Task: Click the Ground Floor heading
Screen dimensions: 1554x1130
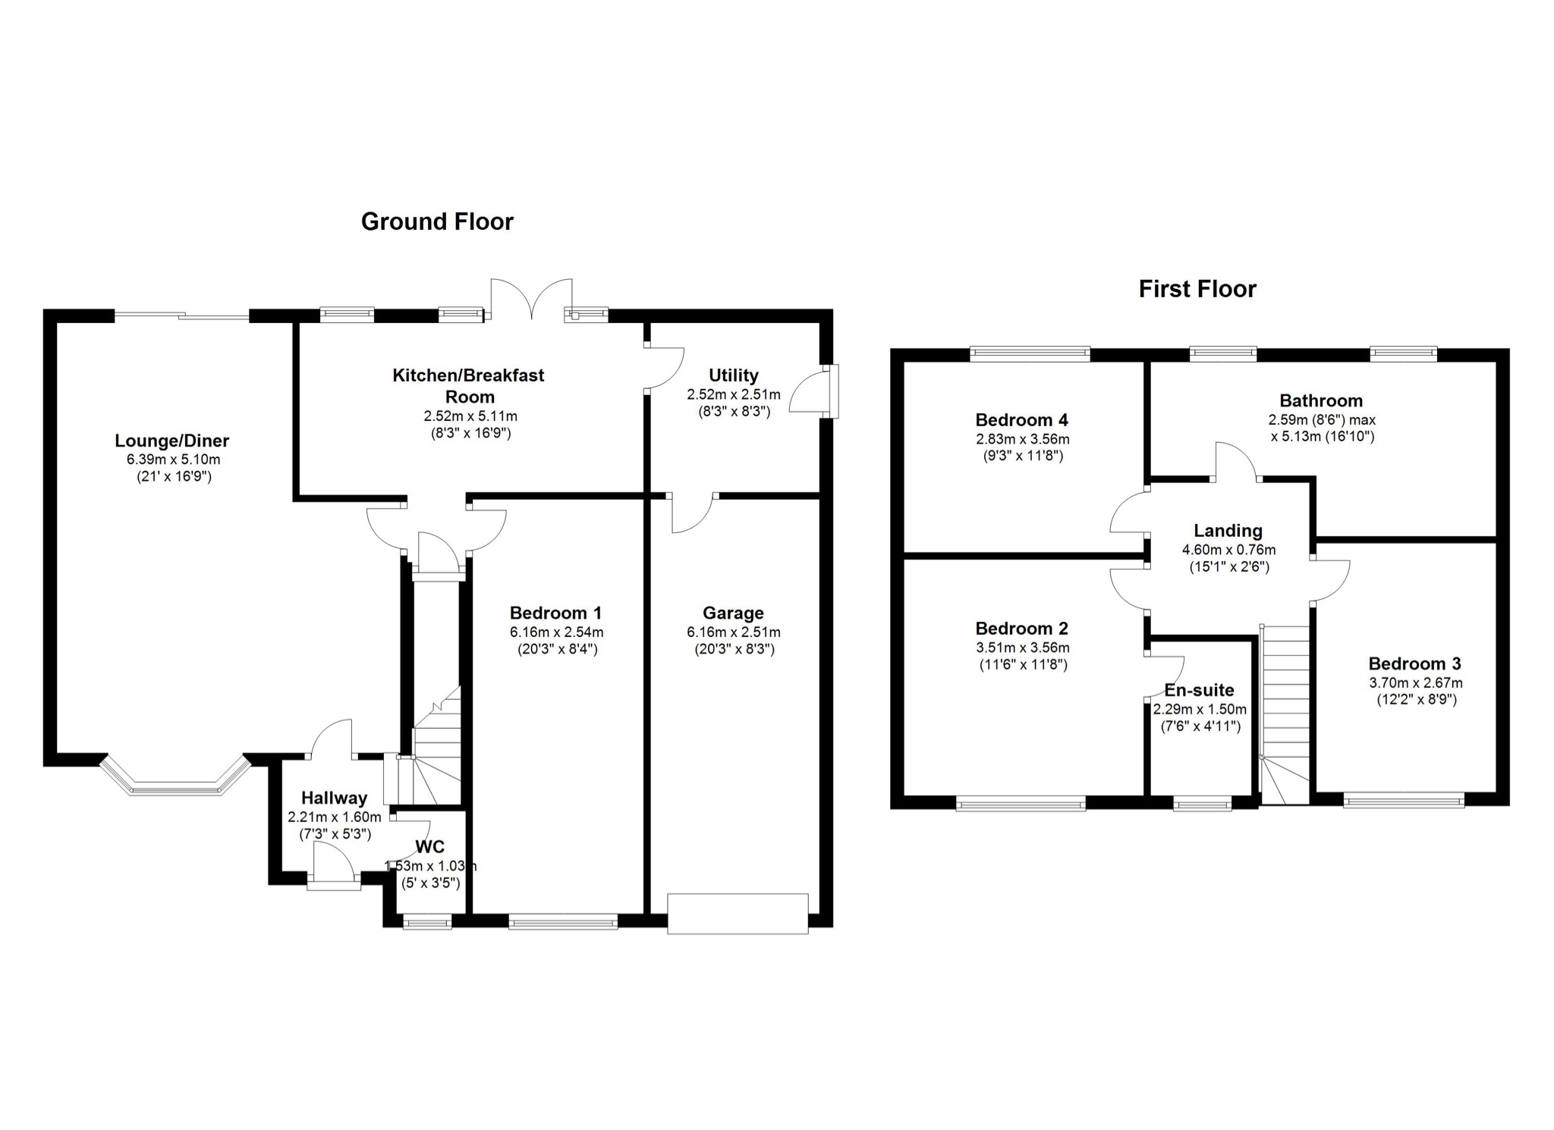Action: [x=437, y=221]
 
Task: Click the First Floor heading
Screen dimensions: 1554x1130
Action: [x=1197, y=289]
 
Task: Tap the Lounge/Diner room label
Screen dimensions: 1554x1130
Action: [x=172, y=441]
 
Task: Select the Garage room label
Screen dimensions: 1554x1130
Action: [x=733, y=613]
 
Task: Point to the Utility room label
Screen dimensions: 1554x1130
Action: [x=734, y=375]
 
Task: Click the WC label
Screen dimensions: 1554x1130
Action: [x=429, y=847]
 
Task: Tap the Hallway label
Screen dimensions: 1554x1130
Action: [x=334, y=798]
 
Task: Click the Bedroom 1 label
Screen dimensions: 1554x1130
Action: [x=556, y=613]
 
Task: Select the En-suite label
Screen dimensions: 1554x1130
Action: [x=1199, y=690]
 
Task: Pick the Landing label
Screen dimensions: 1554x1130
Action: [x=1228, y=531]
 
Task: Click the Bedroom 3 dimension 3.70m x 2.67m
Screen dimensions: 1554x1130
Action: [x=1416, y=683]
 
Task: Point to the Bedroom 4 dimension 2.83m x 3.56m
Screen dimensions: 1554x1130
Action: [x=1023, y=439]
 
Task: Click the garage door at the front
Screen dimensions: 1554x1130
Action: [x=738, y=913]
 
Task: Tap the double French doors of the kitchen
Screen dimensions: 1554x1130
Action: [x=532, y=299]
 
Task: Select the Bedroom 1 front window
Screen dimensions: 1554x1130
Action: [x=563, y=922]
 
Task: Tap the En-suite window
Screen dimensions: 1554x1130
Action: [x=1203, y=804]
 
